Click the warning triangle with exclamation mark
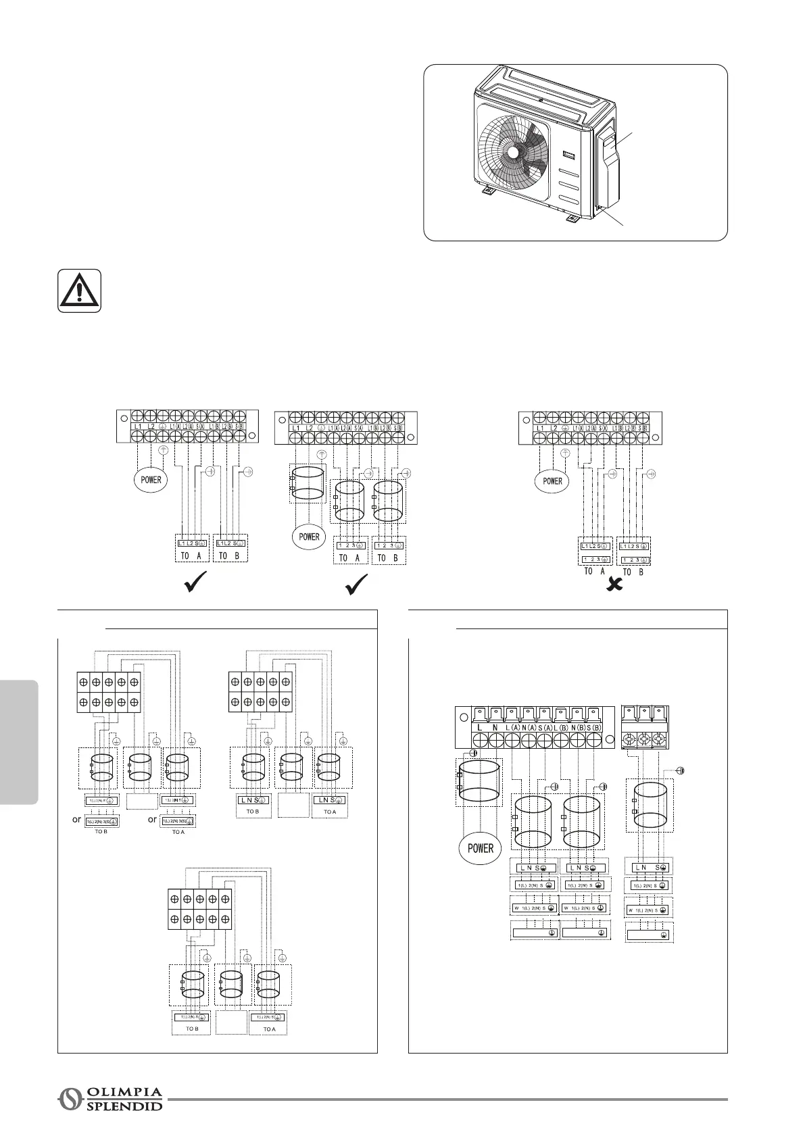click(x=80, y=291)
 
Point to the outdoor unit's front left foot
click(x=487, y=191)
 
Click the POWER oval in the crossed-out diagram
click(x=553, y=481)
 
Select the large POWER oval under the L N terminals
click(x=480, y=847)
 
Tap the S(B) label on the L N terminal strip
click(x=594, y=727)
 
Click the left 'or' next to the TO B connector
click(x=77, y=820)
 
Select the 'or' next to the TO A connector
click(x=153, y=820)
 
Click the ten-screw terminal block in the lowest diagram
click(x=199, y=910)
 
